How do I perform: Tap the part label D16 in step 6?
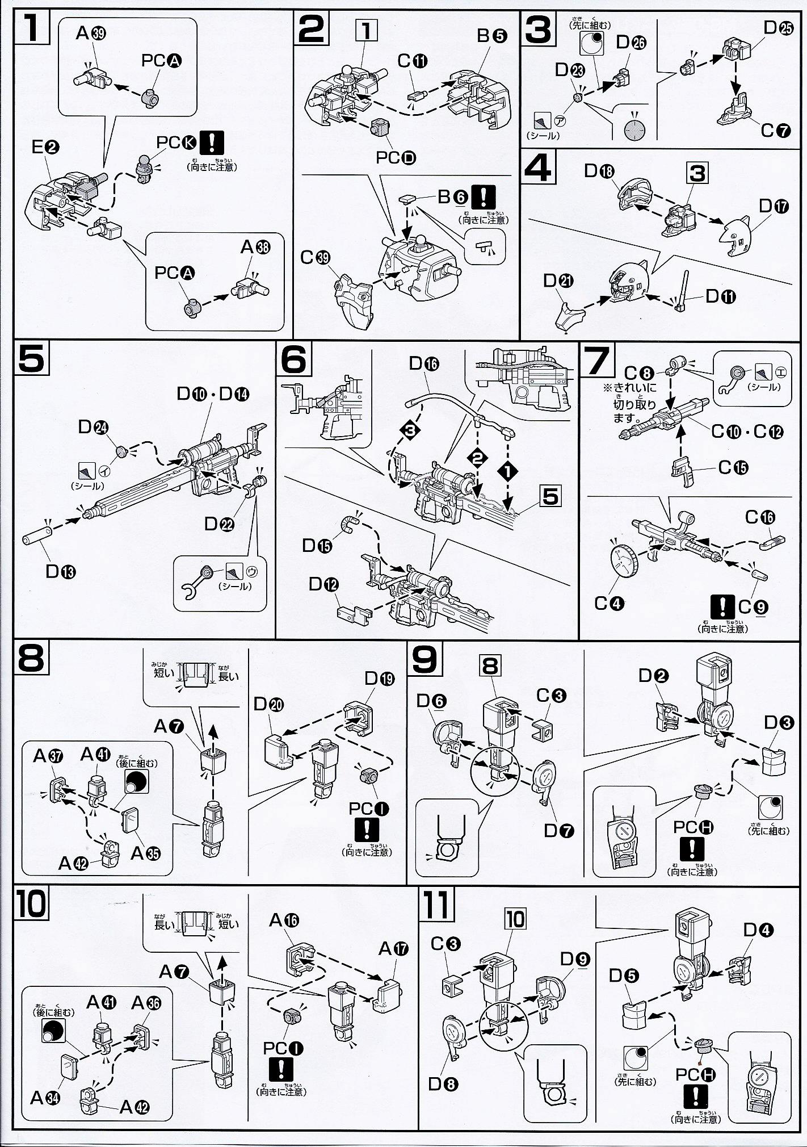click(x=423, y=363)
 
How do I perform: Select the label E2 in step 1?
click(x=46, y=147)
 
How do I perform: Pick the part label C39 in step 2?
click(x=315, y=257)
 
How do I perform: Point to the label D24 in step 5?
click(x=94, y=427)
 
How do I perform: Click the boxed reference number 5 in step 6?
click(x=550, y=496)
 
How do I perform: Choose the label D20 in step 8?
click(x=268, y=705)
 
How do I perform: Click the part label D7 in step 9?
click(x=559, y=830)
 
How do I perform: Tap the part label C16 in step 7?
click(x=760, y=517)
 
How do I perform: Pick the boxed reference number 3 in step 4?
click(x=697, y=173)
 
